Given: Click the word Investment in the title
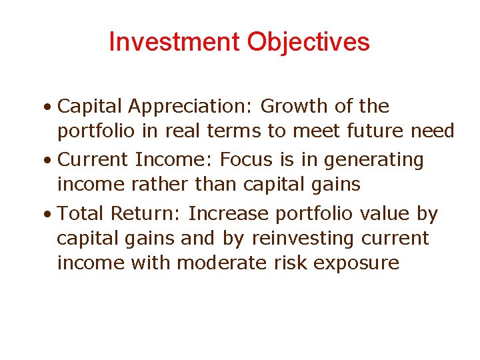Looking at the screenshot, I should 175,42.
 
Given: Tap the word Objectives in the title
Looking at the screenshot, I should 308,42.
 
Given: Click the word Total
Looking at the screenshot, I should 81,213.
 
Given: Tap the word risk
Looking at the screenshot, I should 291,263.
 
